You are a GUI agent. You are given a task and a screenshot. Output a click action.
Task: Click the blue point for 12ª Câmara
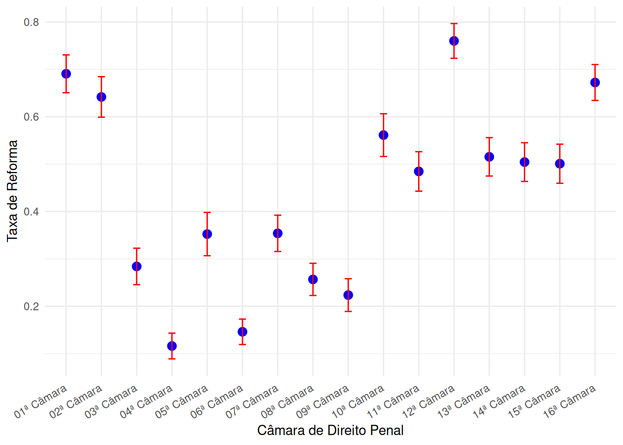coord(454,41)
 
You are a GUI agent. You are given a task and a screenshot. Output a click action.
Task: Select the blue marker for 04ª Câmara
coord(172,346)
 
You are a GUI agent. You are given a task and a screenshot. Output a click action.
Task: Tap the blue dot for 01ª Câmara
coord(66,74)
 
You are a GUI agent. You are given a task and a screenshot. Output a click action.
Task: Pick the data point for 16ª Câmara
coord(595,83)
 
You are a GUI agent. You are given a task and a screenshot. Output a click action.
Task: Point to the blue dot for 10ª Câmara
coord(383,135)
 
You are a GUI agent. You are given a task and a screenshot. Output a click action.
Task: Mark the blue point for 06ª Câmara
coord(242,332)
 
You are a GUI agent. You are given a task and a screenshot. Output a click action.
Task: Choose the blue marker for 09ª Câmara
coord(348,295)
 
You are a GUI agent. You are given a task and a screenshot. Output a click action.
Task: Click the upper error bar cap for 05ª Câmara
coord(207,212)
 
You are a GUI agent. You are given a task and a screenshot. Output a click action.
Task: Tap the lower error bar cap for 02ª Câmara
coord(102,117)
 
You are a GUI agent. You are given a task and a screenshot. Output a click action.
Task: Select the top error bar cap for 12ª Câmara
coord(454,24)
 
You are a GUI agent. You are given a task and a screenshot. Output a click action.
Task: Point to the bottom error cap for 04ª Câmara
coord(172,359)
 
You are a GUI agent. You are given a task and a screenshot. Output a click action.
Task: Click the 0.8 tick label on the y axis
coord(32,22)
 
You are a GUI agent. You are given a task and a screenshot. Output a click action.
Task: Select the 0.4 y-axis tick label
coord(32,212)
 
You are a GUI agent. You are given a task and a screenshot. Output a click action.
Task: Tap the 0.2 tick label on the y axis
coord(32,306)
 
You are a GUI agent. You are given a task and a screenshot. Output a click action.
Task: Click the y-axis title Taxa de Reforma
coord(13,191)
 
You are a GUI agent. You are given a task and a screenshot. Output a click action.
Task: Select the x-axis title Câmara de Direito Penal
coord(330,431)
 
